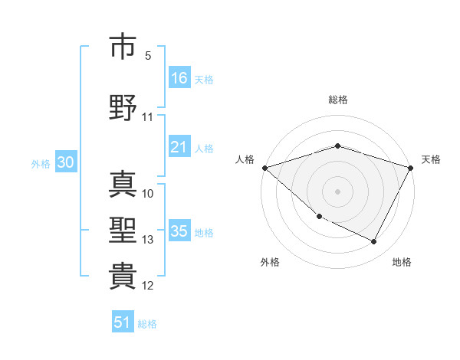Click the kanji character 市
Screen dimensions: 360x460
[x=123, y=47]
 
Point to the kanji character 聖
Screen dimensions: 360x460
[x=123, y=231]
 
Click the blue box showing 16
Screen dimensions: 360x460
[x=179, y=78]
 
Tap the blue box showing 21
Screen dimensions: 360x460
[x=179, y=147]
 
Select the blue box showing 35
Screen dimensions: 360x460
[x=179, y=231]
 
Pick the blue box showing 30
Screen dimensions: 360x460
[x=65, y=163]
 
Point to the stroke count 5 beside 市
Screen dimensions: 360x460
[x=148, y=56]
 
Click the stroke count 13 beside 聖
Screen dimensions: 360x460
[x=147, y=240]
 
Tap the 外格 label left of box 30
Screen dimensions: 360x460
[x=40, y=164]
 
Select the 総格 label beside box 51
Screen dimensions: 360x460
[x=147, y=324]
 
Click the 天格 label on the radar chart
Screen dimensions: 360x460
[x=432, y=159]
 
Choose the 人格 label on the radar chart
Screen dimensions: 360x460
[x=245, y=159]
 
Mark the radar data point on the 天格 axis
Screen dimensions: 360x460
[x=412, y=167]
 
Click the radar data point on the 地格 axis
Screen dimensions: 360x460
[x=374, y=242]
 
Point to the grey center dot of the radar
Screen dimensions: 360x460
[x=338, y=191]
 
